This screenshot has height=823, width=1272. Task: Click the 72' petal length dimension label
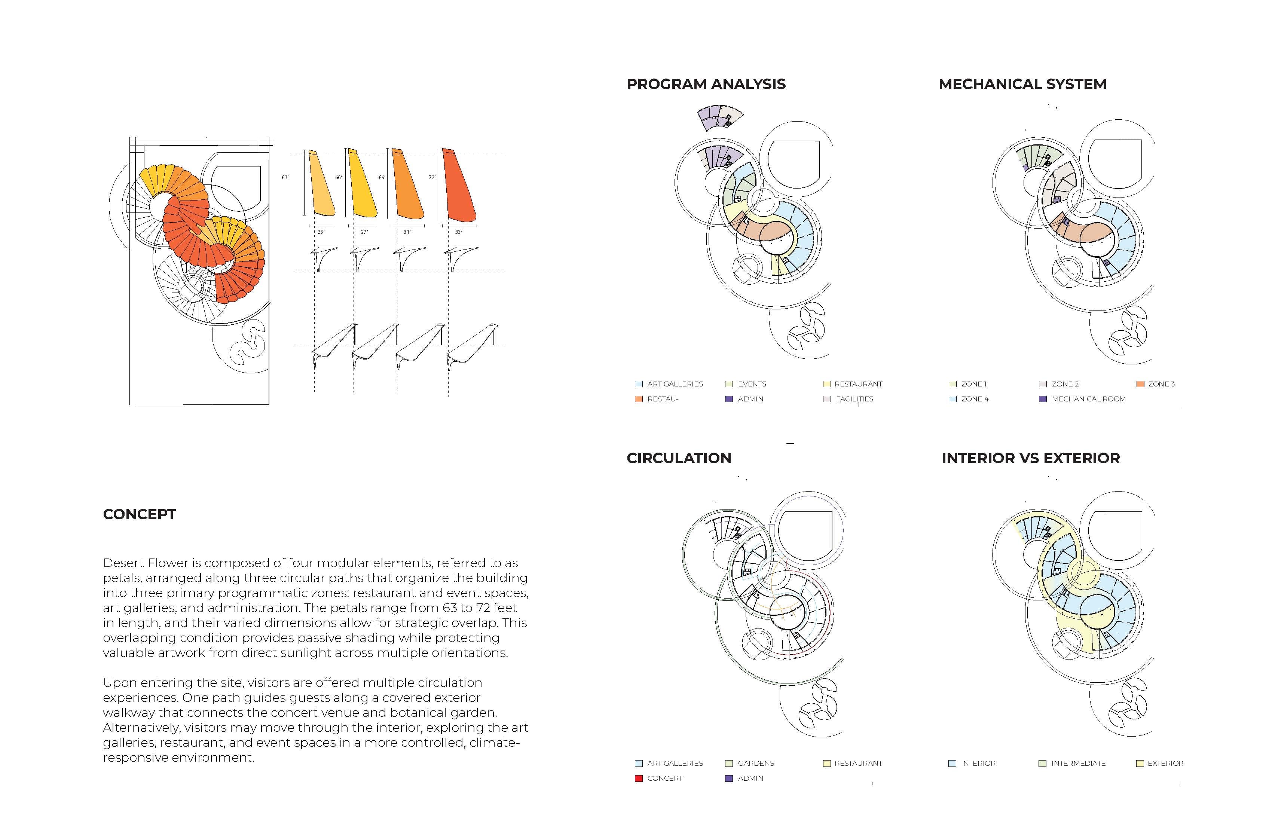click(432, 177)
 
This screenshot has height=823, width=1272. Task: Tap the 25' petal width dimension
click(321, 232)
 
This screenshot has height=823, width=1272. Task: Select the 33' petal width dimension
click(458, 232)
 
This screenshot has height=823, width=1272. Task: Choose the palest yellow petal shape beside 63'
click(322, 184)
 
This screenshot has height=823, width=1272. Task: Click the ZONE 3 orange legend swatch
click(1140, 384)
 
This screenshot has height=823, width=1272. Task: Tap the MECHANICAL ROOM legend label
click(1089, 399)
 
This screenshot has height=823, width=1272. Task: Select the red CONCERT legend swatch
click(638, 778)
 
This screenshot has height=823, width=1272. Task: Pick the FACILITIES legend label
click(854, 399)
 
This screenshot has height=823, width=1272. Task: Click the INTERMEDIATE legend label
click(1078, 763)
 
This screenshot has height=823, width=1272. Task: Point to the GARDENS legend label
click(756, 763)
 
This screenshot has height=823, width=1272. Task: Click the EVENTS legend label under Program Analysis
click(752, 384)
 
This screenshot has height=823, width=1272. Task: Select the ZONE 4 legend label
click(975, 399)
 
